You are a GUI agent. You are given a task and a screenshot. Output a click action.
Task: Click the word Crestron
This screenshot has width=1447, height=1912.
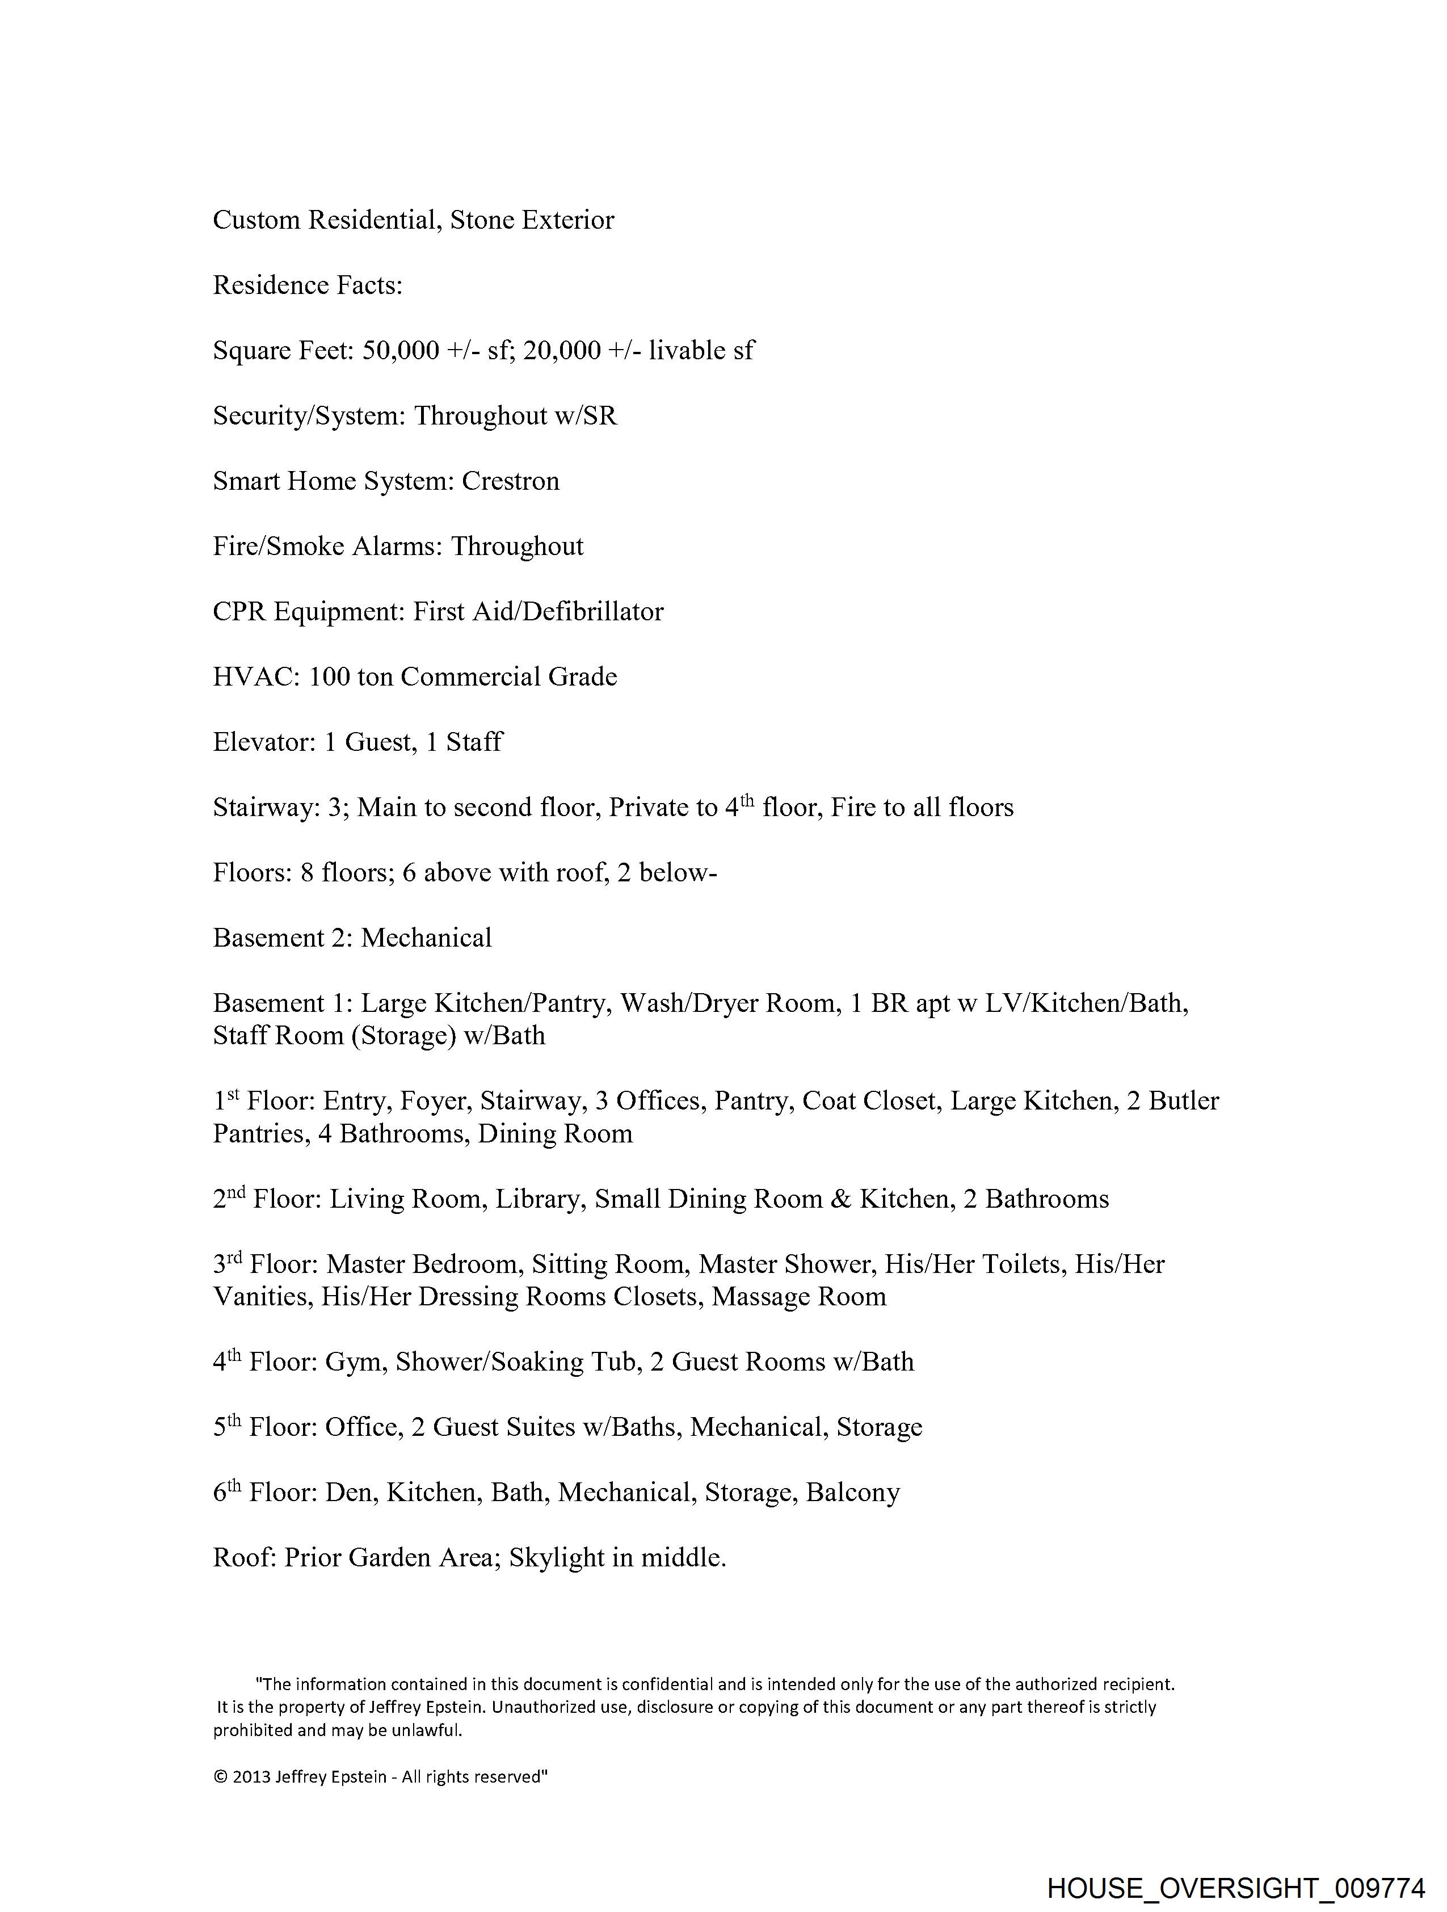pyautogui.click(x=510, y=481)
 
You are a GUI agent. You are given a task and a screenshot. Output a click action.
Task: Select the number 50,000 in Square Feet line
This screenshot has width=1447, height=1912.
pyautogui.click(x=400, y=350)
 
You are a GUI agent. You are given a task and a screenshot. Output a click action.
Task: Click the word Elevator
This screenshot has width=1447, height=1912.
pyautogui.click(x=264, y=742)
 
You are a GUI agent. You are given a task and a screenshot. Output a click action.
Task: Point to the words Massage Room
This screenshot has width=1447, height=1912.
pyautogui.click(x=799, y=1297)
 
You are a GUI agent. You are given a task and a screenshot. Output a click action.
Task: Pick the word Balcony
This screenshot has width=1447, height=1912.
pyautogui.click(x=852, y=1492)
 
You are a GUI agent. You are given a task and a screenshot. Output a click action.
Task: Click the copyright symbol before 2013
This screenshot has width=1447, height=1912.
pyautogui.click(x=220, y=1777)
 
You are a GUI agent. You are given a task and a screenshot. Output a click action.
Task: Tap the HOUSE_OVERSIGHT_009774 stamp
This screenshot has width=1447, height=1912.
pyautogui.click(x=1235, y=1889)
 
